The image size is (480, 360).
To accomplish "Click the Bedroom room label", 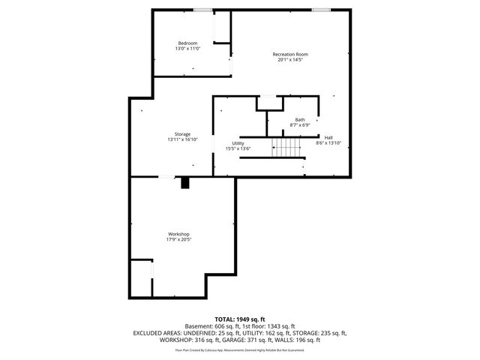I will tap(188, 43).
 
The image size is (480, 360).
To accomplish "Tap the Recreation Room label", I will tap(289, 54).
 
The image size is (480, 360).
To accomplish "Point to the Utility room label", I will tap(238, 143).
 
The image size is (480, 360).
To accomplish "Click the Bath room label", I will tap(300, 120).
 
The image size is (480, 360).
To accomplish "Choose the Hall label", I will tap(328, 137).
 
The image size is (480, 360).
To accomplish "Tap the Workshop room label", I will tap(178, 234).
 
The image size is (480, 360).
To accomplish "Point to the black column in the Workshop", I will tap(186, 182).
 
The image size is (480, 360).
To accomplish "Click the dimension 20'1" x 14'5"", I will tap(289, 60).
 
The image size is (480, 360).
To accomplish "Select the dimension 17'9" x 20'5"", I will tap(178, 240).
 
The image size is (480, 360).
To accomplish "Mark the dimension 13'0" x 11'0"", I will tap(188, 49).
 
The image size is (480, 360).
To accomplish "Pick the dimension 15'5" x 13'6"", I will tap(238, 148).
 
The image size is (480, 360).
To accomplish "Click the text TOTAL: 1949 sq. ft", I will tap(240, 319).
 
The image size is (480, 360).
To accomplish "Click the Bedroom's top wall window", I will tap(202, 10).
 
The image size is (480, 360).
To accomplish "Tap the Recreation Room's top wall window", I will tap(322, 10).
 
